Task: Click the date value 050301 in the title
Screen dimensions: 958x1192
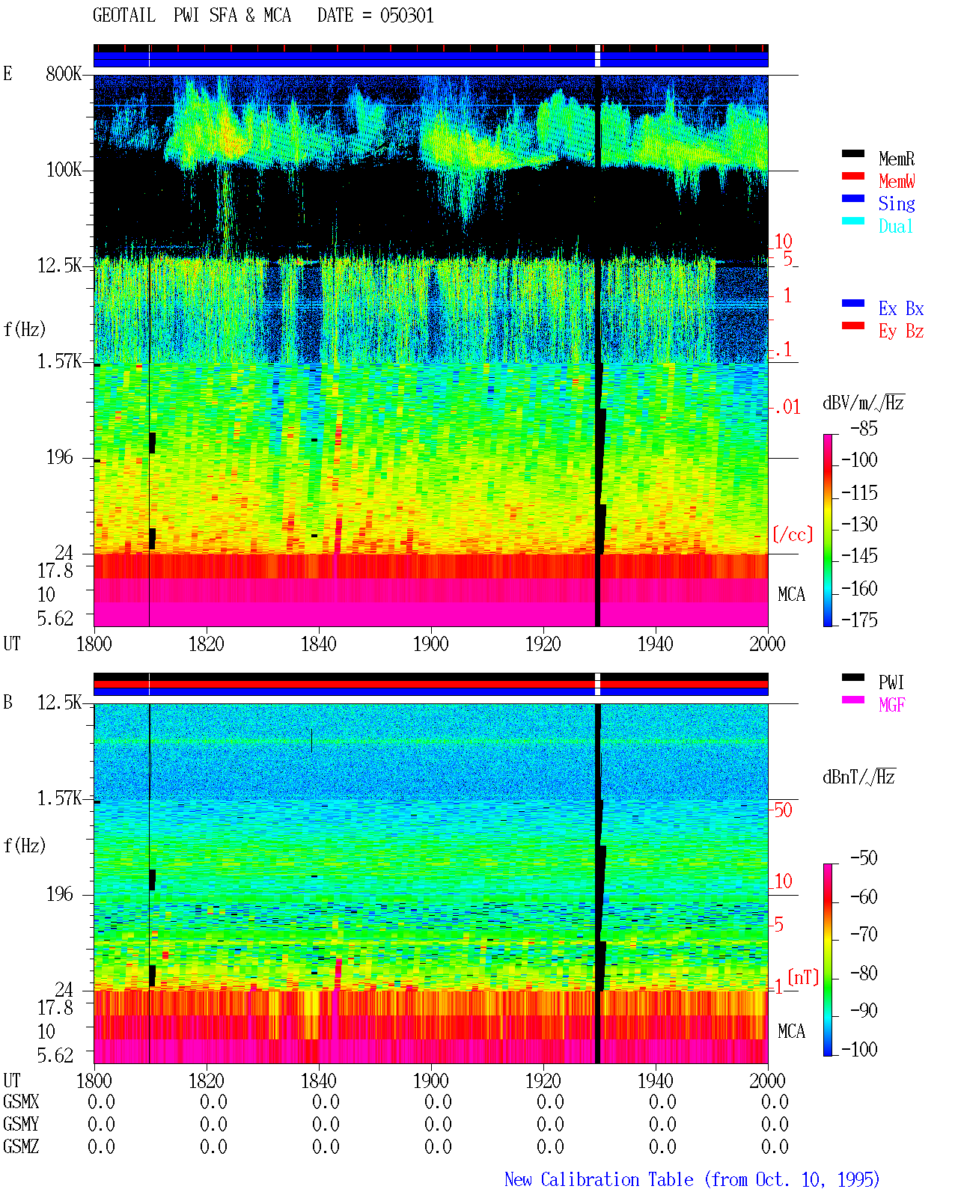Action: point(406,16)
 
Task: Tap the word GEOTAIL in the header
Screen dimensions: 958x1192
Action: point(124,16)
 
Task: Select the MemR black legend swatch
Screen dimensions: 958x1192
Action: point(852,153)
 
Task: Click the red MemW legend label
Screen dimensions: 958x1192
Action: point(897,180)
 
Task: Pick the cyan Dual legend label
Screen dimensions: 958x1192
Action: point(896,226)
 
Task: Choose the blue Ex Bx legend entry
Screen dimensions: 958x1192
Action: point(901,308)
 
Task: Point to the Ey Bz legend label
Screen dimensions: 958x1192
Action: point(901,331)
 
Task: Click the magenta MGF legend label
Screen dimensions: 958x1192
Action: point(892,705)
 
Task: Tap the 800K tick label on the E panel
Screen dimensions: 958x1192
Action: point(64,73)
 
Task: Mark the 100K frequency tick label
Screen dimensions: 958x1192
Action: point(64,170)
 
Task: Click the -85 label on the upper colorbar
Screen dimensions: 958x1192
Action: point(864,428)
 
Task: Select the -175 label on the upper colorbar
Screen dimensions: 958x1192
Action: point(859,620)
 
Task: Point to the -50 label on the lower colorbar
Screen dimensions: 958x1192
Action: point(864,858)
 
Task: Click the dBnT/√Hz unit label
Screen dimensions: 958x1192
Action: point(859,777)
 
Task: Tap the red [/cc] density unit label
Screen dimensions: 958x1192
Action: point(793,534)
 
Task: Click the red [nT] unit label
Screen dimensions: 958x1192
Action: point(803,976)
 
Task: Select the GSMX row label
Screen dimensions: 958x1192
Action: point(21,1101)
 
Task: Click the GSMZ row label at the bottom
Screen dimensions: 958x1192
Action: point(21,1146)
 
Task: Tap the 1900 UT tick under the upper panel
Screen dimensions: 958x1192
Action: point(430,644)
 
